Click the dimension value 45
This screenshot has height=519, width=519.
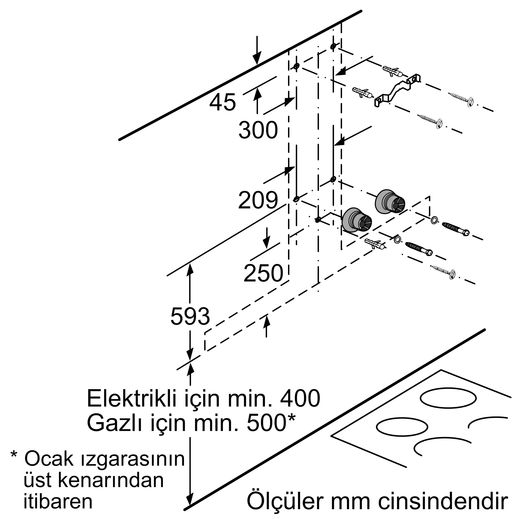[x=222, y=102]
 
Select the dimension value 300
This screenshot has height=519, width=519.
[x=258, y=130]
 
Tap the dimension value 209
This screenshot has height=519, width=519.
[x=258, y=200]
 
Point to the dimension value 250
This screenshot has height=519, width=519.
[x=263, y=273]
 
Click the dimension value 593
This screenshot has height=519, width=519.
[x=190, y=316]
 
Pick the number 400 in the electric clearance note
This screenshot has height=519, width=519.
[x=300, y=399]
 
